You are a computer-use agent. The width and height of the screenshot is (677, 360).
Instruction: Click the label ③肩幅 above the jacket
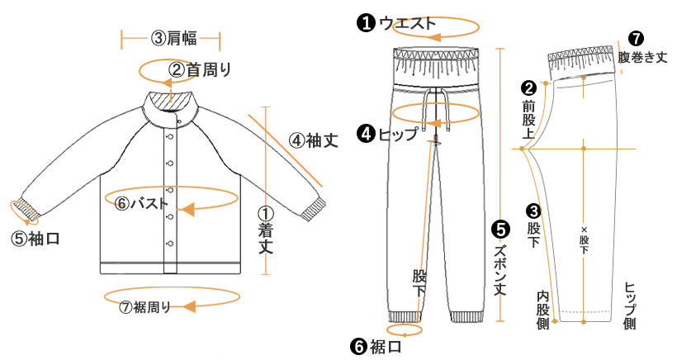(171, 38)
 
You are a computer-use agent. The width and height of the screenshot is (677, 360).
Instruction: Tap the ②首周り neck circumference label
(200, 69)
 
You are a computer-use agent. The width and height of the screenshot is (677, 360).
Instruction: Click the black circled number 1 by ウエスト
(364, 23)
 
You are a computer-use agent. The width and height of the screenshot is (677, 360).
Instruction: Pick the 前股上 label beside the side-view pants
(529, 116)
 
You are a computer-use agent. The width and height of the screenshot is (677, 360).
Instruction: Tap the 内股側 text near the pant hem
(542, 310)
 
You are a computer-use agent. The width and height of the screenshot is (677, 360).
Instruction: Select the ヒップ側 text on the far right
(629, 307)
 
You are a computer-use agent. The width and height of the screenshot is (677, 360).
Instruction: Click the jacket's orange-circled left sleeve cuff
(29, 211)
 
